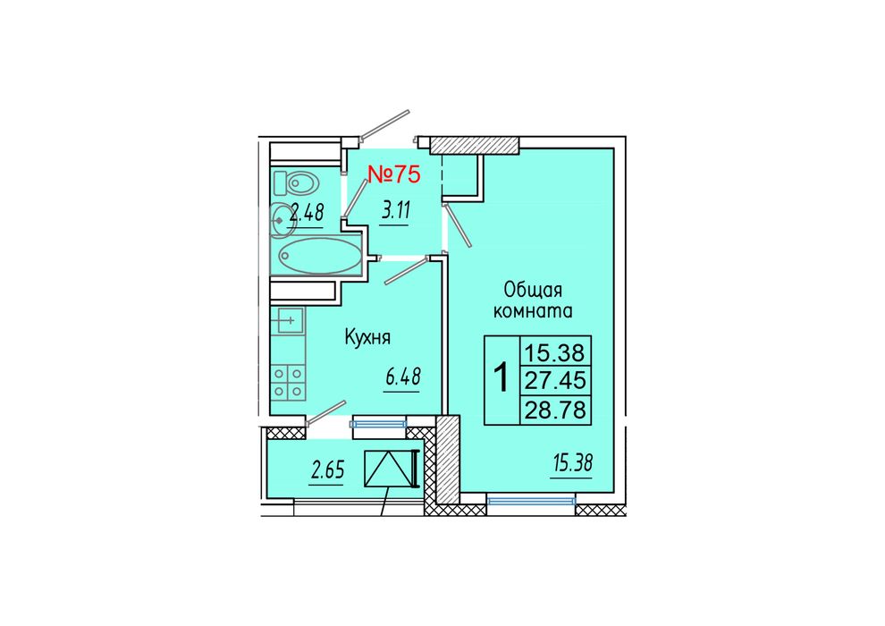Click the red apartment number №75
point(394,174)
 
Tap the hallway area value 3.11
point(395,212)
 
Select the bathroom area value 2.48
point(307,214)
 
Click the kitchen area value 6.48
point(403,376)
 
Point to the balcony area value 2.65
point(327,470)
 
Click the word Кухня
point(367,338)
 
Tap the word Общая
point(533,290)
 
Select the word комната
point(533,311)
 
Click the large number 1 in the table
point(501,378)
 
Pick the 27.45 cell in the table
point(555,380)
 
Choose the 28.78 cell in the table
point(555,410)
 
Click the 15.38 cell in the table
point(555,352)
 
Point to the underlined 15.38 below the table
point(573,464)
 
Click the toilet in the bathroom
point(296,182)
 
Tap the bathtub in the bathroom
point(319,256)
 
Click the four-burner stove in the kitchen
point(289,383)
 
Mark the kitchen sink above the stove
point(288,321)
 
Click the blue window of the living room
point(530,500)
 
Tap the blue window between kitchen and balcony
point(378,423)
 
